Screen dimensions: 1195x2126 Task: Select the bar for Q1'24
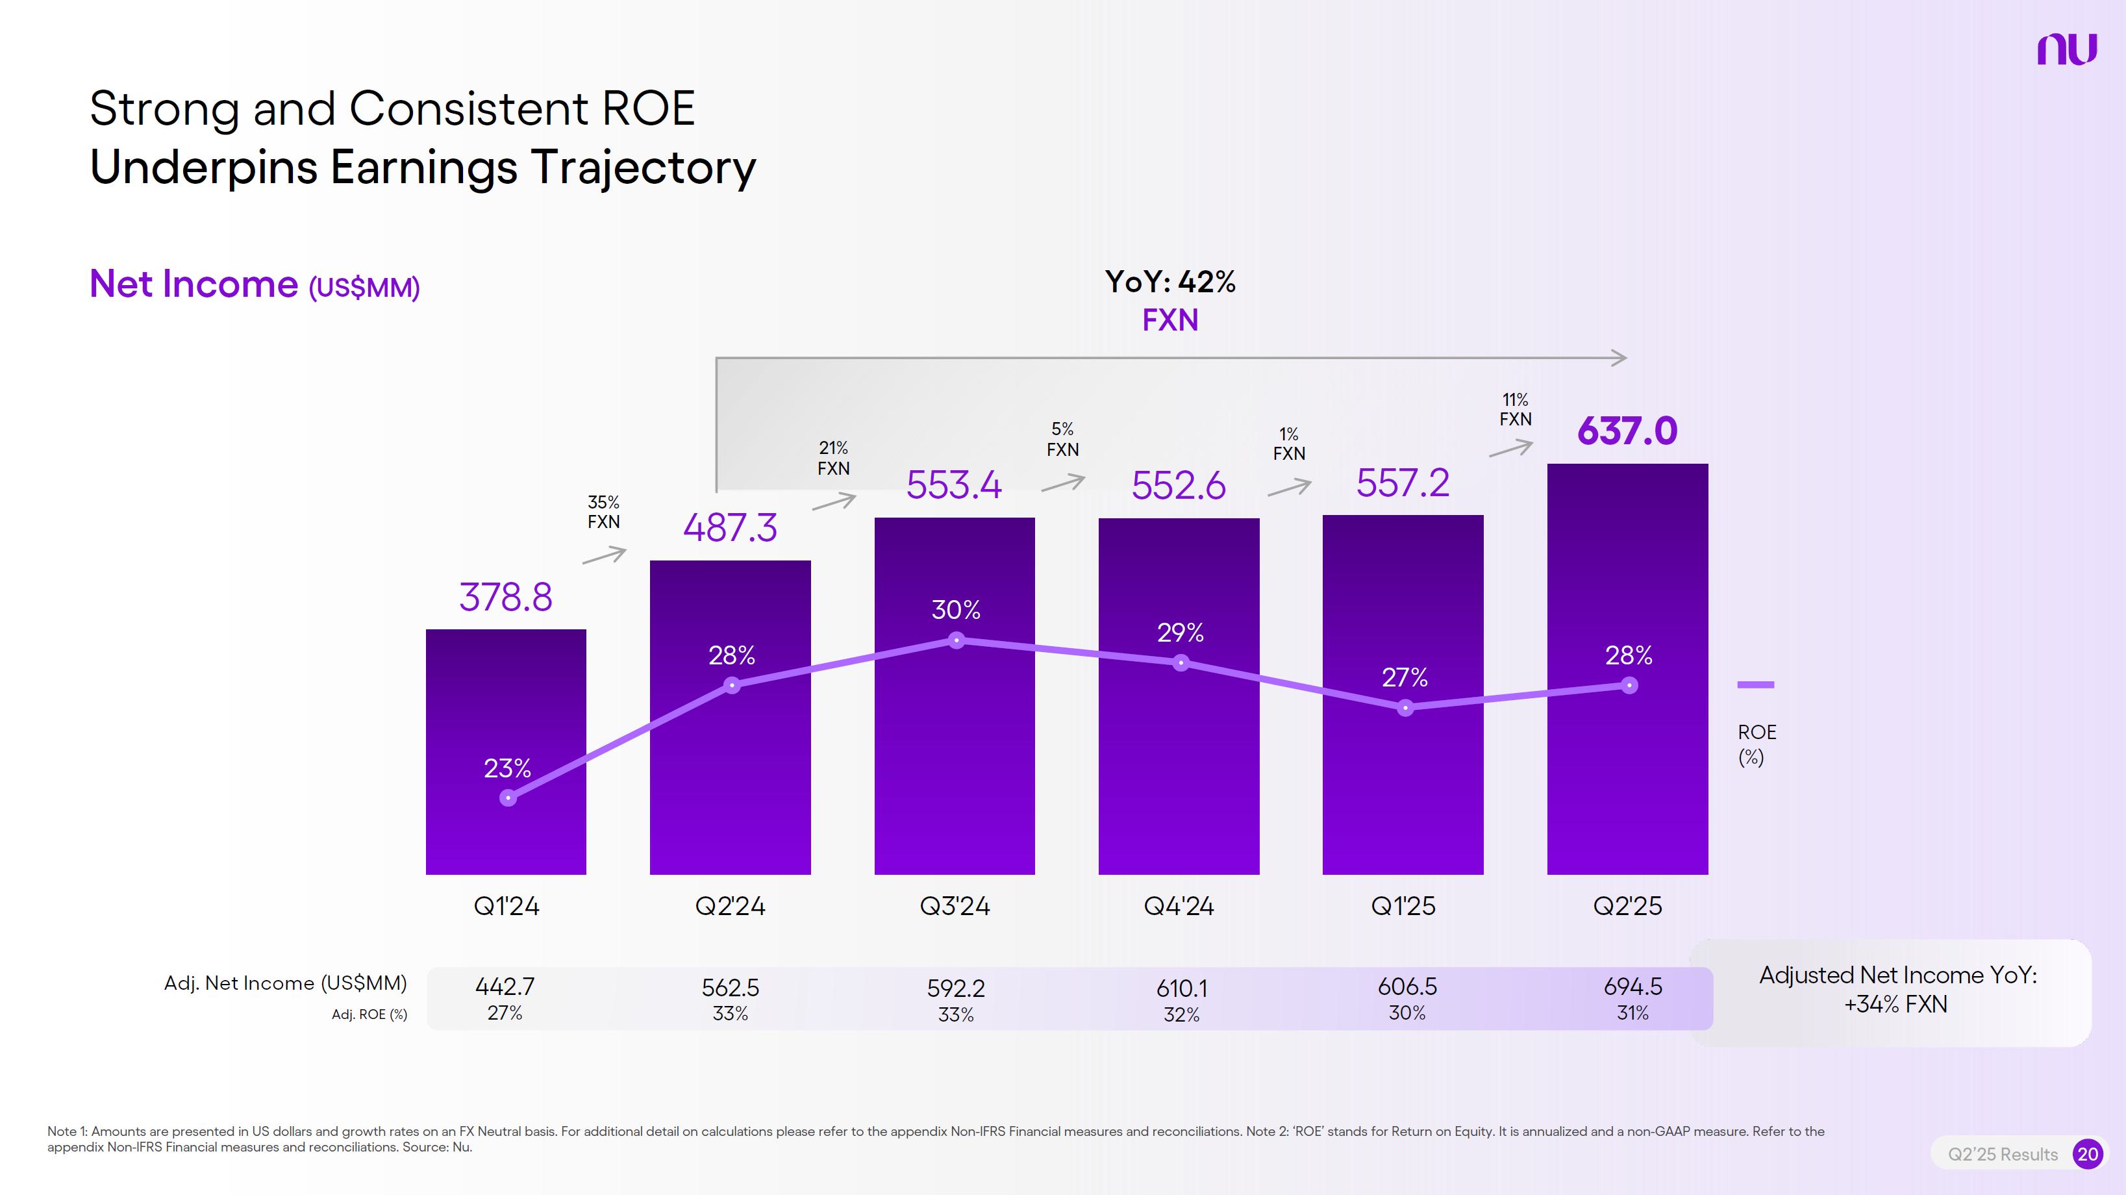(506, 751)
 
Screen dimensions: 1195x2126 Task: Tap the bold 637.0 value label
(1627, 431)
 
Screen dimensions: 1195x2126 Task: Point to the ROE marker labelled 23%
(508, 798)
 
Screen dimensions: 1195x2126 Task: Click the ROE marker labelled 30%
(957, 640)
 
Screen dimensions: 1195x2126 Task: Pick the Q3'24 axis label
(955, 906)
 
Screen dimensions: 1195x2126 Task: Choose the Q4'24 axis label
(1179, 906)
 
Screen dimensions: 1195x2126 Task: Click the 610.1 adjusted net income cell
(1181, 988)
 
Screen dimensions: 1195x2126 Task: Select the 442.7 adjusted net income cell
(505, 987)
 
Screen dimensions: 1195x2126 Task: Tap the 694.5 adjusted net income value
(1632, 987)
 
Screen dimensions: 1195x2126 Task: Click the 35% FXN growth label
(603, 512)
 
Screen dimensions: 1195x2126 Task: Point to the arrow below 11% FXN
(1510, 448)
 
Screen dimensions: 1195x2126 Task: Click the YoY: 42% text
(1170, 283)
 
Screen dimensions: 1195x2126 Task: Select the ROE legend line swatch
(1755, 684)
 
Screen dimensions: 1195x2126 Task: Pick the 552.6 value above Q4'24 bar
(1179, 485)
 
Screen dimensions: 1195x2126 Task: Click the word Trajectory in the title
(643, 168)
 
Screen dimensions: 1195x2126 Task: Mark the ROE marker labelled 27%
(1405, 708)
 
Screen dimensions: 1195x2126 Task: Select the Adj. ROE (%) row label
(369, 1014)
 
